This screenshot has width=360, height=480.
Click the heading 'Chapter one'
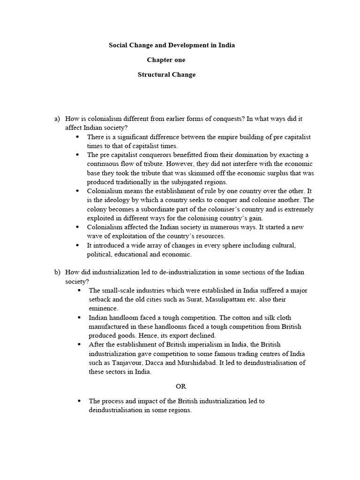click(166, 60)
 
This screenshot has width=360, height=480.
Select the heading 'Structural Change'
click(166, 75)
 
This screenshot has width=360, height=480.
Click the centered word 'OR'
click(181, 387)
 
